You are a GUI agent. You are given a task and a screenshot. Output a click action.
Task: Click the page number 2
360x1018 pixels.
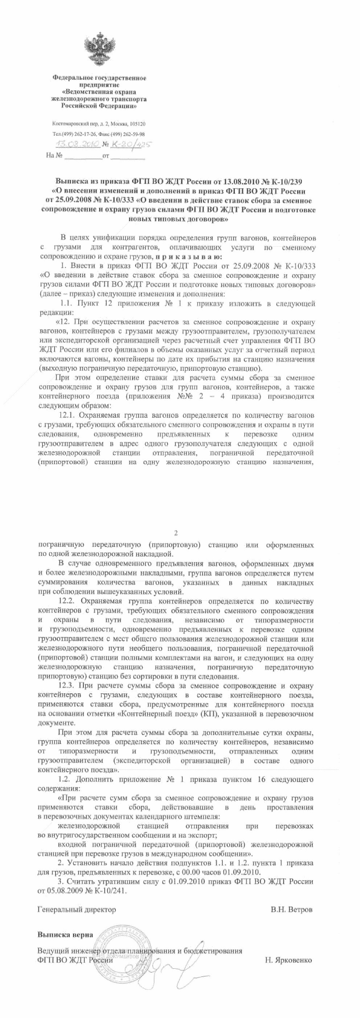176,533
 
